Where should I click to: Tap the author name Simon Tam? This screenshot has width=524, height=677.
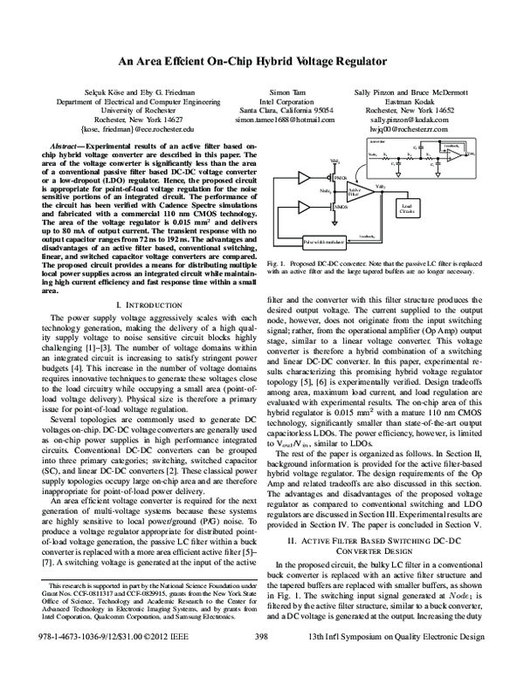point(286,92)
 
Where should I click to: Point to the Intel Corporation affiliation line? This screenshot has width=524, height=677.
point(286,101)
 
